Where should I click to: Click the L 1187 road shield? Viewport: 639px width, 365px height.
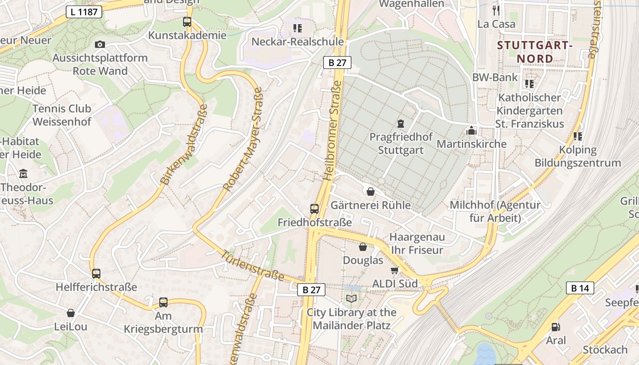[x=84, y=12]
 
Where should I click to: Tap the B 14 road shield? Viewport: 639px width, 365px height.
[x=580, y=288]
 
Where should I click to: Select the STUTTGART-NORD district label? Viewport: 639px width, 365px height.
[x=534, y=52]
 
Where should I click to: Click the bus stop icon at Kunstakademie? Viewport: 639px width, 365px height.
[x=187, y=21]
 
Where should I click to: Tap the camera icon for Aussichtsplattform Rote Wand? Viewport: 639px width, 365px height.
[x=100, y=44]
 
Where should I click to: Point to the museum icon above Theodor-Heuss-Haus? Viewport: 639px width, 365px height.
[x=23, y=174]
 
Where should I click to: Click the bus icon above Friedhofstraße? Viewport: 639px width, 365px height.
[x=314, y=209]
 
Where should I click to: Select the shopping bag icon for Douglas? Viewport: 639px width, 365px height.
[x=363, y=247]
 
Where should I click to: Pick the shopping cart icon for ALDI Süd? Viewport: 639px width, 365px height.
[x=395, y=270]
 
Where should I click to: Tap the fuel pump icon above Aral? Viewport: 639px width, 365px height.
[x=555, y=327]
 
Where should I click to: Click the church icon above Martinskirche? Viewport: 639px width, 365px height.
[x=471, y=131]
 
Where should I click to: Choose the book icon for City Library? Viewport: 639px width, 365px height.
[x=351, y=298]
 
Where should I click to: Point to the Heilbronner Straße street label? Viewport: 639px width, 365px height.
[x=332, y=130]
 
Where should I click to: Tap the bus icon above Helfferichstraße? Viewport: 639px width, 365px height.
[x=96, y=273]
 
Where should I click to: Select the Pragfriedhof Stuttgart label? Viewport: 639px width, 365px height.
[x=400, y=143]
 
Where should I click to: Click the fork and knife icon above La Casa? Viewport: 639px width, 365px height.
[x=496, y=10]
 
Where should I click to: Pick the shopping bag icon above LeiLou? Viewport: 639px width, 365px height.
[x=71, y=313]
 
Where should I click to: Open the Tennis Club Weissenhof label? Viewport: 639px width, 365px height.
[x=62, y=115]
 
